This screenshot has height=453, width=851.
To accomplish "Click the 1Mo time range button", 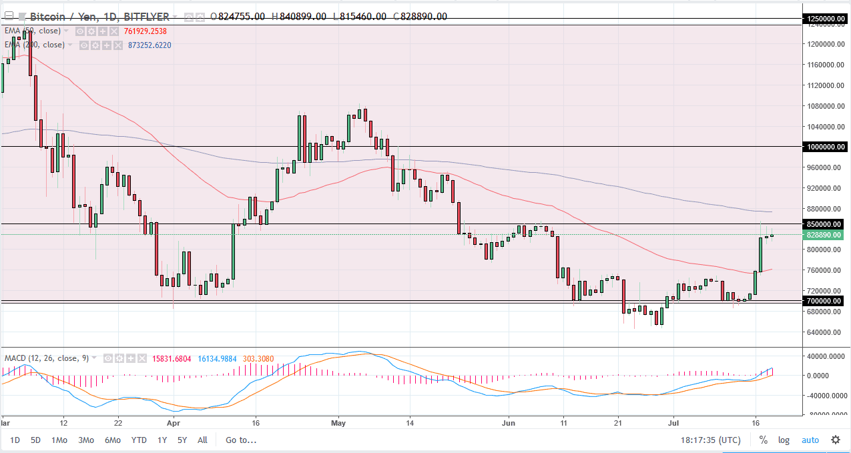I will click(59, 440).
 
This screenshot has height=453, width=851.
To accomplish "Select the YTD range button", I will click(139, 440).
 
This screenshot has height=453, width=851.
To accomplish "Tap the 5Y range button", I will click(182, 440).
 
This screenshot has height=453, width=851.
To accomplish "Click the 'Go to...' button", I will click(240, 440).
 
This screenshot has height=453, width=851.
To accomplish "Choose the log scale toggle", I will click(784, 440).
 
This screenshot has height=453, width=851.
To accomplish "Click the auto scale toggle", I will click(810, 440).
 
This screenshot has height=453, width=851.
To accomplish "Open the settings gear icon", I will click(835, 440).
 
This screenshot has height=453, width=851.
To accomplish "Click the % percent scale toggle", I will click(763, 440).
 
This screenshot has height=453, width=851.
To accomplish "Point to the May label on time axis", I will click(339, 422).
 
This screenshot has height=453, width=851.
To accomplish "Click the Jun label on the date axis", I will click(509, 422).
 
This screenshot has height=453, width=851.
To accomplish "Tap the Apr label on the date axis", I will click(174, 422).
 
